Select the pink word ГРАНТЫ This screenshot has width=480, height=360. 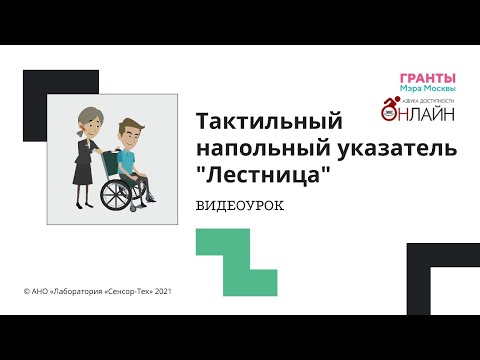[427, 78]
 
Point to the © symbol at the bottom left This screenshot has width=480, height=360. [26, 291]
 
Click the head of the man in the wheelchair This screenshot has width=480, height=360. [129, 132]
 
